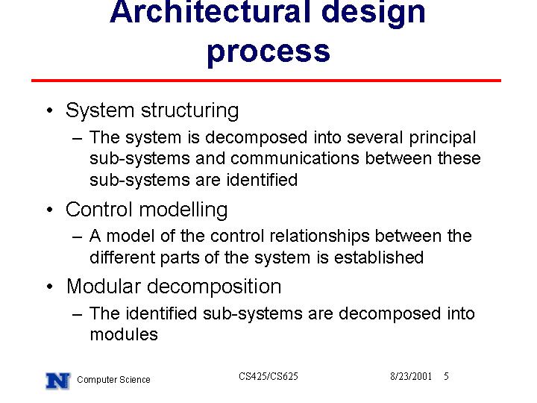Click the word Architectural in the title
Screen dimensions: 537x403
[x=210, y=13]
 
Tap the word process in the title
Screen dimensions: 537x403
[x=268, y=52]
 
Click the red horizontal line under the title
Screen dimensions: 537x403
[x=266, y=81]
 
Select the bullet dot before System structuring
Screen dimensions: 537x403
[x=50, y=110]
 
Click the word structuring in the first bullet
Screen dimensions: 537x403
[x=189, y=111]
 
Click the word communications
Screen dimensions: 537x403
[x=295, y=158]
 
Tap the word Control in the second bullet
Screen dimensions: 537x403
[x=98, y=210]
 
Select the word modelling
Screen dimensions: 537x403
[x=183, y=210]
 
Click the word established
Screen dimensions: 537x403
[x=379, y=257]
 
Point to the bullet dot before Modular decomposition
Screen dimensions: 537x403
[x=50, y=287]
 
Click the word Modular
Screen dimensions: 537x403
[x=104, y=287]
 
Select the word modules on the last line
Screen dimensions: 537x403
[x=124, y=334]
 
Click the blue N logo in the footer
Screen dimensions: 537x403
[x=58, y=381]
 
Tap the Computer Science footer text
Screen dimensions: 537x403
[x=113, y=380]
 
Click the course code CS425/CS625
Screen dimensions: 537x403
[x=268, y=376]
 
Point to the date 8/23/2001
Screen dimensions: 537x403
[x=411, y=376]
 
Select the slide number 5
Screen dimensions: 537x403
[x=446, y=376]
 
